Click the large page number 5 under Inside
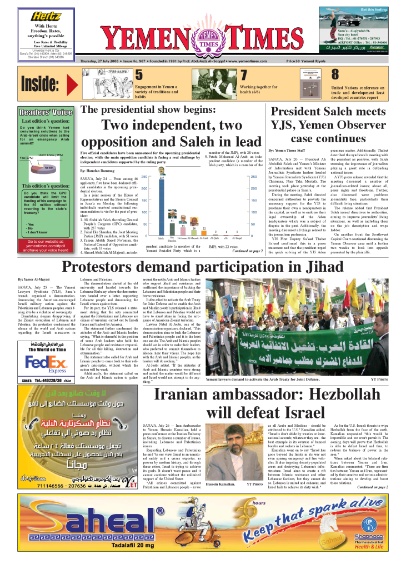tap(139, 75)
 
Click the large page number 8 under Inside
tap(335, 75)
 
